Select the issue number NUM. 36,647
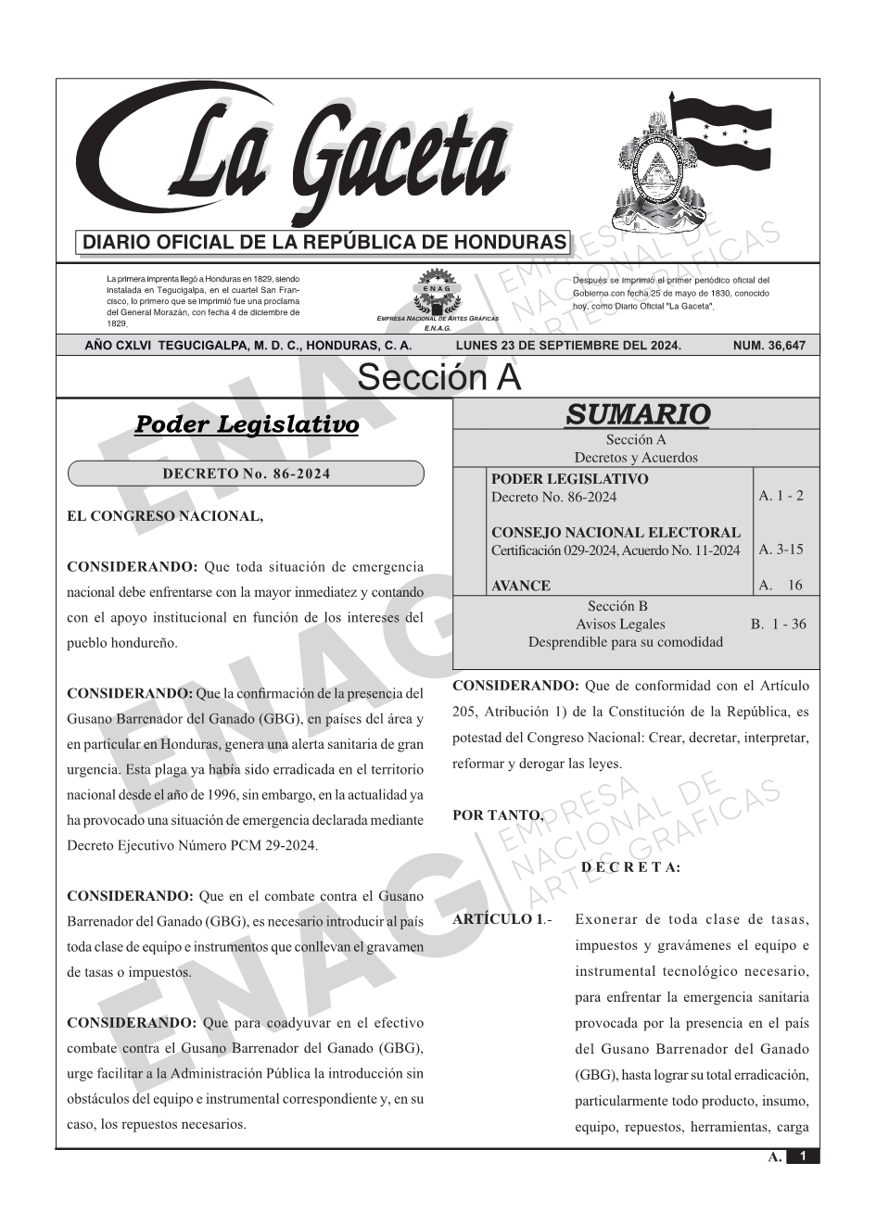point(768,346)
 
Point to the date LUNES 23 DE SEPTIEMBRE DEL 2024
point(568,346)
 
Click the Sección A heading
point(438,378)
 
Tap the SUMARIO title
point(637,414)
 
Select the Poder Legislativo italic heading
point(247,425)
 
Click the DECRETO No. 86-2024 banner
point(246,474)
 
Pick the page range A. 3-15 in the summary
point(781,550)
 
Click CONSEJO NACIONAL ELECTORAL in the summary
point(616,533)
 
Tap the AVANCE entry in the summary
point(521,586)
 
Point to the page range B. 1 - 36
point(779,625)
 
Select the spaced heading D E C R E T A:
point(630,867)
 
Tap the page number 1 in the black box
point(803,1156)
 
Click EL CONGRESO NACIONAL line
point(165,516)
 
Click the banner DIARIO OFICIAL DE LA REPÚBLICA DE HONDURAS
point(324,243)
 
